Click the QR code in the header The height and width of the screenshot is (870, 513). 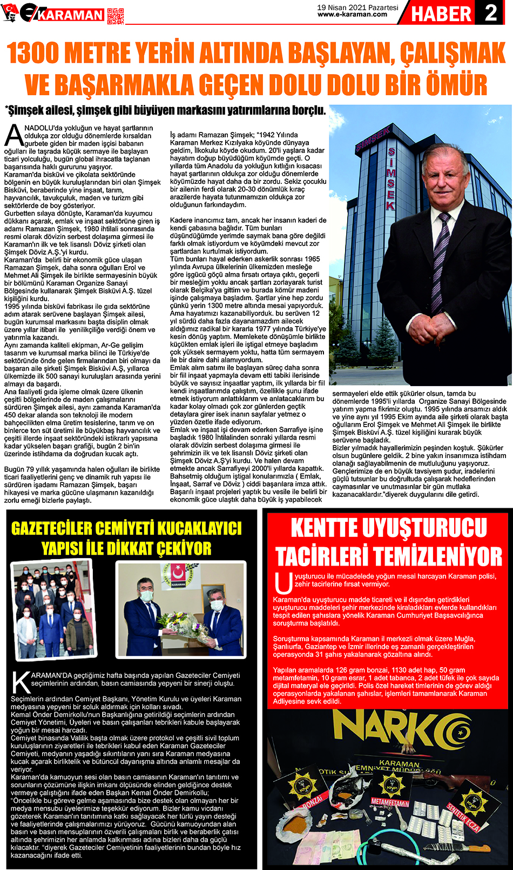[x=115, y=16]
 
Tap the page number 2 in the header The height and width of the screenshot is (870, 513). [x=491, y=12]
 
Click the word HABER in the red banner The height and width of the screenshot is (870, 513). [x=441, y=14]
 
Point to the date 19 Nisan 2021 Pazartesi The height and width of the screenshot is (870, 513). [x=357, y=8]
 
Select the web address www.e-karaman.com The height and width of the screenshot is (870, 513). [x=352, y=15]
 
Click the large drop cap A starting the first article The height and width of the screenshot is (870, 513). [x=12, y=136]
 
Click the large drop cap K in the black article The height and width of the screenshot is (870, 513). [x=21, y=682]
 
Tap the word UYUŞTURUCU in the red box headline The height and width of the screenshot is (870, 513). [x=389, y=528]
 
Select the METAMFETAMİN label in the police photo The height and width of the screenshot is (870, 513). [x=390, y=803]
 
